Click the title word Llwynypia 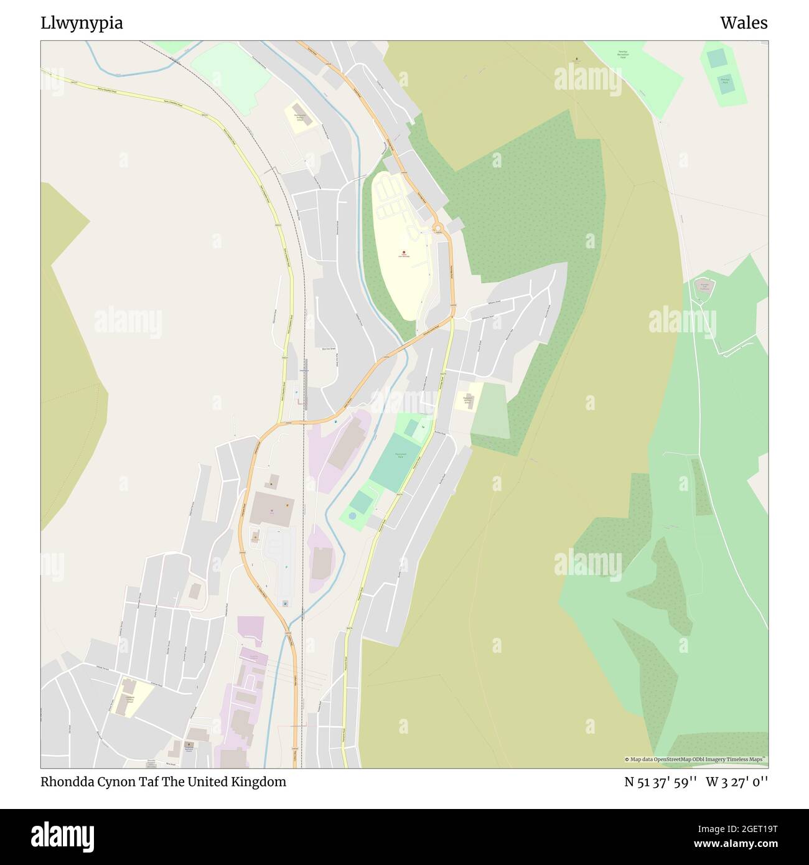pyautogui.click(x=82, y=24)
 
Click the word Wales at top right pyautogui.click(x=744, y=23)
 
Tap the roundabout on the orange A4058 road pyautogui.click(x=438, y=228)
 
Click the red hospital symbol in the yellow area pyautogui.click(x=404, y=251)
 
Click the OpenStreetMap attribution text pyautogui.click(x=696, y=759)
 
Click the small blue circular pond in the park pyautogui.click(x=353, y=516)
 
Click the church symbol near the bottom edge pyautogui.click(x=189, y=744)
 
